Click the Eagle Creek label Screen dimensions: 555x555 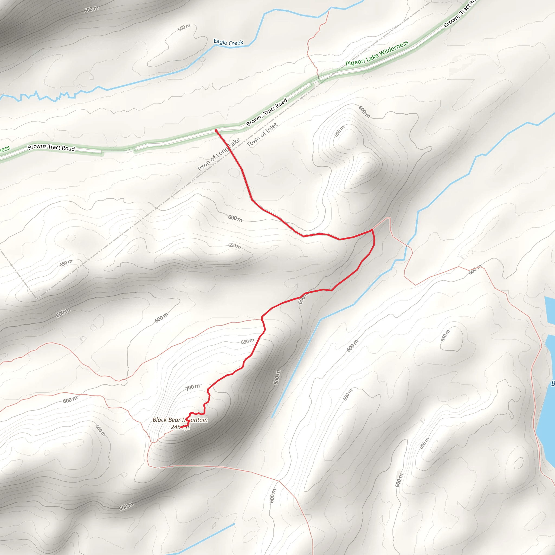click(x=228, y=43)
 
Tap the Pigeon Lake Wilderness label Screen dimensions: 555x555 click(x=377, y=53)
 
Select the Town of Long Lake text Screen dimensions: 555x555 click(x=218, y=155)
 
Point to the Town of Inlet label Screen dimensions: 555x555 click(x=262, y=135)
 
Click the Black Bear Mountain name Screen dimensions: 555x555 click(x=180, y=420)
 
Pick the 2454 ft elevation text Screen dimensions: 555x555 click(x=180, y=427)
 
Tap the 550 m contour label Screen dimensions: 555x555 click(x=184, y=28)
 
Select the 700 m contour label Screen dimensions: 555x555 click(x=192, y=387)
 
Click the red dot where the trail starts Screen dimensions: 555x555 click(x=216, y=131)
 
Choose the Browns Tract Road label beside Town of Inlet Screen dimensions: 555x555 click(x=267, y=112)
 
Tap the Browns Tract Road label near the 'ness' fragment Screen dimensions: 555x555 click(x=51, y=148)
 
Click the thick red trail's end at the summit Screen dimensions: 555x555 click(x=181, y=427)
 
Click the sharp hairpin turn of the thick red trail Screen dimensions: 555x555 click(x=372, y=230)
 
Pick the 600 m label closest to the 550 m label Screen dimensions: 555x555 click(x=91, y=9)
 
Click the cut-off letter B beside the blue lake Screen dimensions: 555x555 click(x=553, y=383)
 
